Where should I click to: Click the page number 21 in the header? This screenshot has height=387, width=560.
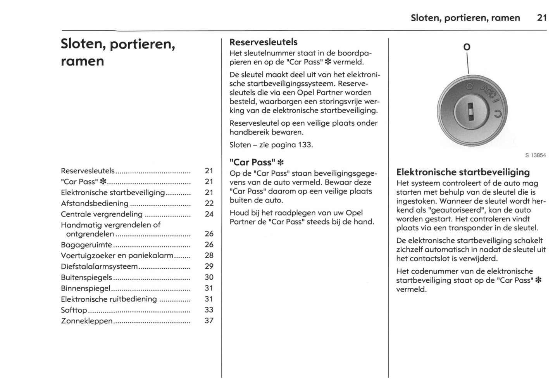[x=542, y=18]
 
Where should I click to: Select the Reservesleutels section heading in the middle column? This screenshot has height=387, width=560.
[x=263, y=42]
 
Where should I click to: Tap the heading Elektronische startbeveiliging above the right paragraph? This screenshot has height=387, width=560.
[x=463, y=172]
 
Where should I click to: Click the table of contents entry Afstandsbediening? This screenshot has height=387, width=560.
[x=95, y=203]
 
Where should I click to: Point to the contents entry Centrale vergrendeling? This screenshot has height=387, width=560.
[x=102, y=214]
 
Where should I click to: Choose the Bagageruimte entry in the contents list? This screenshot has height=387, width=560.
[x=86, y=245]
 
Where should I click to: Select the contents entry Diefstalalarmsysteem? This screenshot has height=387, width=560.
[x=99, y=266]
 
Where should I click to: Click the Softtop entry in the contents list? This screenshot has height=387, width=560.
[x=74, y=310]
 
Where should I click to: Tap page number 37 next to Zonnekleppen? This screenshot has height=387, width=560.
[x=209, y=321]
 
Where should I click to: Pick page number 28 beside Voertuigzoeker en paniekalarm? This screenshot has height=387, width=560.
[x=209, y=255]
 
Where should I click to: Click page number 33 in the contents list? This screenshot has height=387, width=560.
[x=209, y=310]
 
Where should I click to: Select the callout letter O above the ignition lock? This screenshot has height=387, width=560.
[x=467, y=47]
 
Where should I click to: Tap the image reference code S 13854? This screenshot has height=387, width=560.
[x=535, y=155]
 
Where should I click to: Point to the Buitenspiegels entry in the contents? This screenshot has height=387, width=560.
[x=86, y=277]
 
